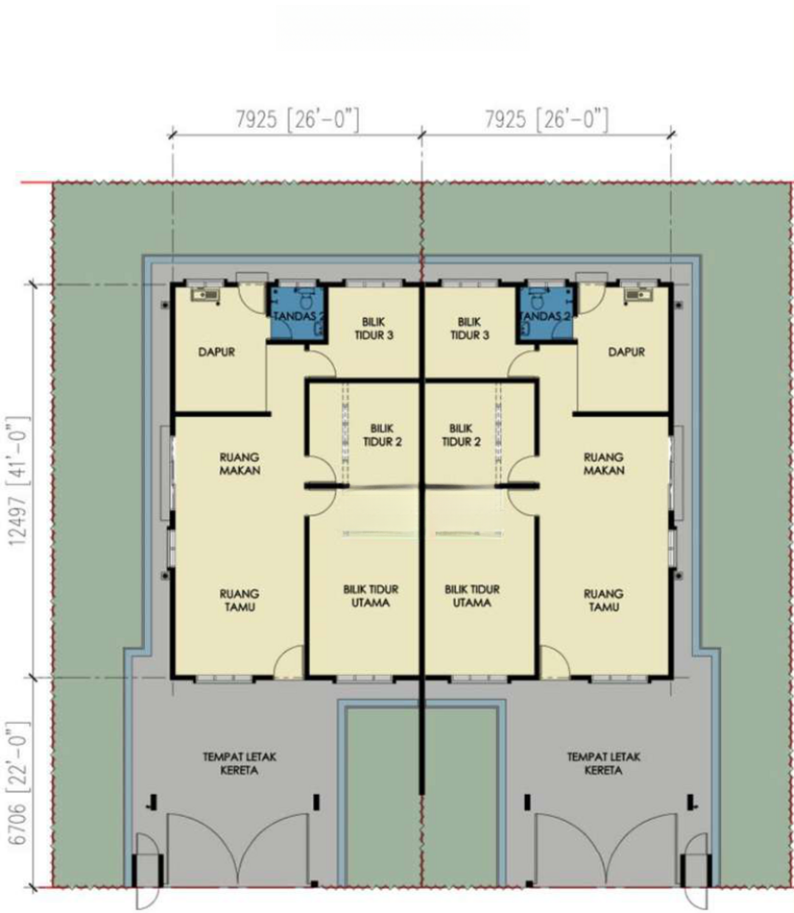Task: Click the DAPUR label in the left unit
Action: (x=217, y=352)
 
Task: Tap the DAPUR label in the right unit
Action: (x=626, y=352)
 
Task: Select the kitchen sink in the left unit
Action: (x=205, y=295)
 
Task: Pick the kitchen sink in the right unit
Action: (x=638, y=295)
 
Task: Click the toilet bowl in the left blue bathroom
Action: (x=306, y=298)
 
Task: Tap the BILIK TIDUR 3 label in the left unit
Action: (x=374, y=329)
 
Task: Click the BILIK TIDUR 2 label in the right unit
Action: (x=461, y=435)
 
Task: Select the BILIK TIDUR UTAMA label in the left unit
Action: (x=370, y=596)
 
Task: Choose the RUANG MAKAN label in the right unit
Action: (x=604, y=464)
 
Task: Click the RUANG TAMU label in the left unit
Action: (x=240, y=600)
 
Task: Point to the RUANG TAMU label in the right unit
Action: (x=604, y=600)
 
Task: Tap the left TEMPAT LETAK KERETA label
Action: (x=240, y=763)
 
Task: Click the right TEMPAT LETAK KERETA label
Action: (x=604, y=763)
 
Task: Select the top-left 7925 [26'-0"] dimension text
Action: (x=297, y=121)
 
